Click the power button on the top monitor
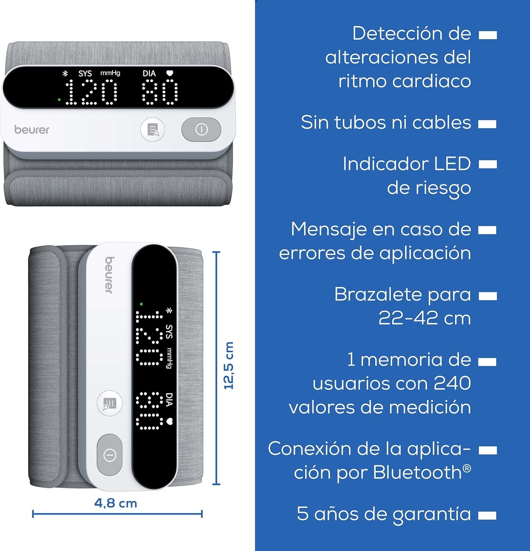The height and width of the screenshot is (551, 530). click(201, 129)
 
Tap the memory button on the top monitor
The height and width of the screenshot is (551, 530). click(153, 130)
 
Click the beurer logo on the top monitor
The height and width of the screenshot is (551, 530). click(32, 130)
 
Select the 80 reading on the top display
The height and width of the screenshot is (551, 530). click(160, 93)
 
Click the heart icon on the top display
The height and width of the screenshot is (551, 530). click(169, 73)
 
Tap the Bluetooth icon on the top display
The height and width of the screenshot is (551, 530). click(66, 73)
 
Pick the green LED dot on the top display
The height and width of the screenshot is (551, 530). click(59, 99)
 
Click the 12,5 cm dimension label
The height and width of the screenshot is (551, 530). click(229, 365)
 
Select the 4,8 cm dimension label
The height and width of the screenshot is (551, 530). click(116, 503)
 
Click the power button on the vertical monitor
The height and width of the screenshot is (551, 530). click(110, 455)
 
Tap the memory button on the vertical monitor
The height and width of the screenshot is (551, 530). click(110, 403)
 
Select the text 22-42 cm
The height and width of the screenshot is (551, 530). click(425, 318)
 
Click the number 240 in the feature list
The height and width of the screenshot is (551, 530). click(452, 383)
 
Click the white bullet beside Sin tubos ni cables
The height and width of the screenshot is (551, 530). click(487, 124)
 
